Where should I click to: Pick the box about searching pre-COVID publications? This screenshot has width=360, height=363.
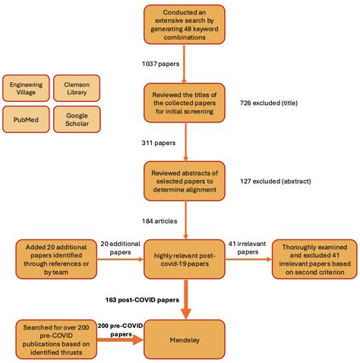click(x=55, y=340)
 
